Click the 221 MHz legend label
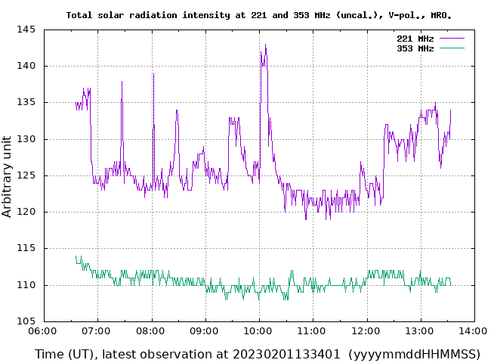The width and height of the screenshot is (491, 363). [x=415, y=38]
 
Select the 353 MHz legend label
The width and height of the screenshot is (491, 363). [x=415, y=48]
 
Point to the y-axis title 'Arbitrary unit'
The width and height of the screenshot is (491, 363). [x=8, y=176]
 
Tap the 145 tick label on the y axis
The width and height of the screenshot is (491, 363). [x=27, y=29]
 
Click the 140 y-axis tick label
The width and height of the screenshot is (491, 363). [x=27, y=66]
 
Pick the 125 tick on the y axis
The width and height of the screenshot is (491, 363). [x=27, y=175]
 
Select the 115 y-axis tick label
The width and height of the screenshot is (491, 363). [x=27, y=248]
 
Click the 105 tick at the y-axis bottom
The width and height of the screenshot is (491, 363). [x=27, y=321]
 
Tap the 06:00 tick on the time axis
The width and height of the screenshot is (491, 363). [x=44, y=331]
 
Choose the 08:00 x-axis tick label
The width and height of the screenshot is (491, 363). [x=152, y=331]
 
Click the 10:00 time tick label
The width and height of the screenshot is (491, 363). [x=259, y=331]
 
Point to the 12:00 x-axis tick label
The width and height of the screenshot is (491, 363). [x=367, y=331]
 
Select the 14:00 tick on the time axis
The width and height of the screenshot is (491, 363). [x=474, y=331]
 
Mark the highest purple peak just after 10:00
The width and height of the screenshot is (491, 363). [x=265, y=45]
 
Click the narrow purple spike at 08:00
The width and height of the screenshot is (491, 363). [x=153, y=74]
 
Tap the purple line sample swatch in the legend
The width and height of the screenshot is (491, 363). [x=451, y=38]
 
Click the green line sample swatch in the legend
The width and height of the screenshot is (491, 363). [x=451, y=48]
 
